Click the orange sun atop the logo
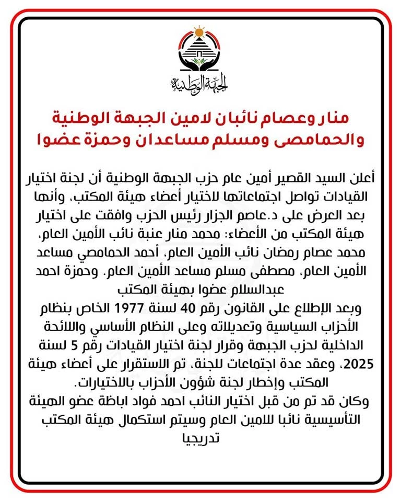point(199,32)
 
